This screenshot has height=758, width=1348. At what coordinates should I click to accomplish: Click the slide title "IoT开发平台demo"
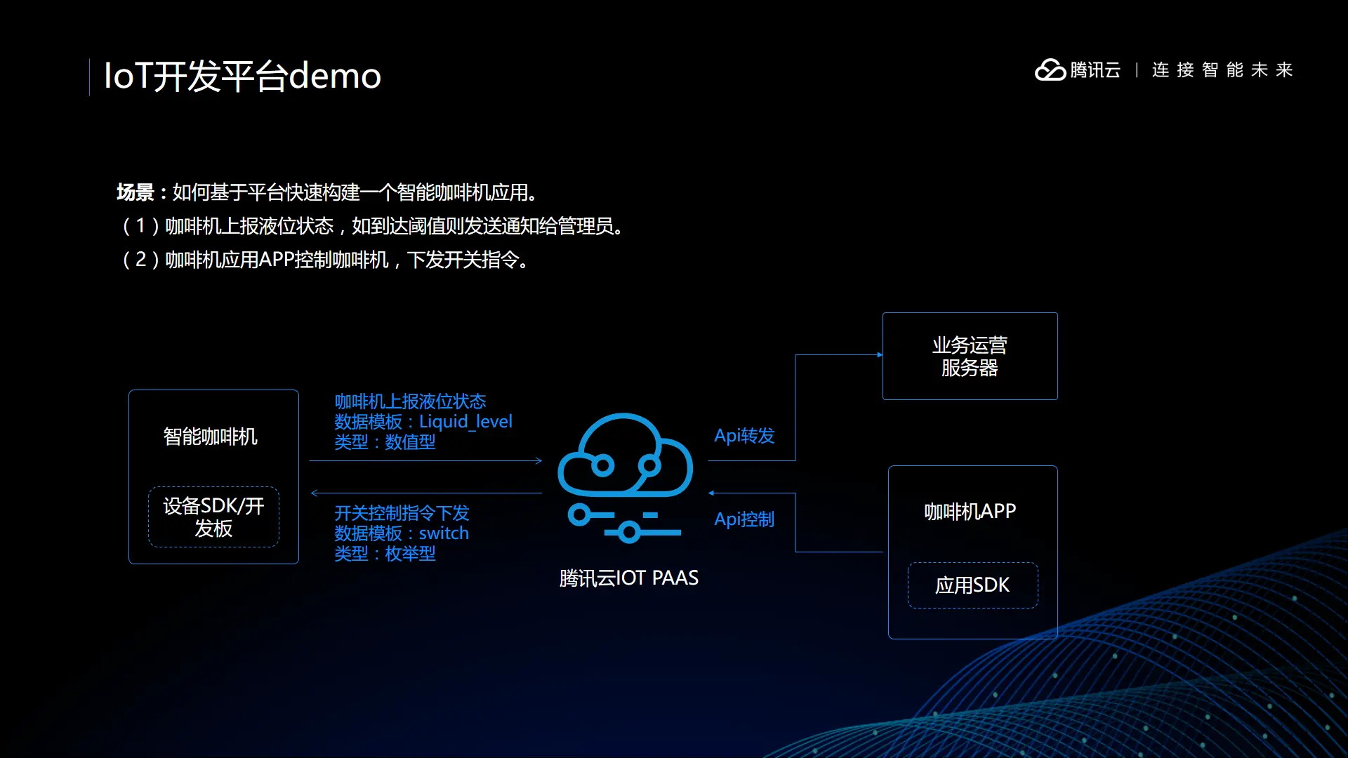[242, 76]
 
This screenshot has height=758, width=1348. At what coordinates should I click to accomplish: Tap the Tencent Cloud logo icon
[1050, 70]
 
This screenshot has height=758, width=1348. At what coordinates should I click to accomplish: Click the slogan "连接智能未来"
[1222, 70]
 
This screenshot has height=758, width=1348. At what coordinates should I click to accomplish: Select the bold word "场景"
[136, 192]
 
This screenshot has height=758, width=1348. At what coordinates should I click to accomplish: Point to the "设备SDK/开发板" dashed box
[213, 517]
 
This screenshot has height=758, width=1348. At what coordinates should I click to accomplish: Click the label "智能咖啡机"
[211, 437]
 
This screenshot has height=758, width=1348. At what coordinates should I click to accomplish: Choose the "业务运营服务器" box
[970, 356]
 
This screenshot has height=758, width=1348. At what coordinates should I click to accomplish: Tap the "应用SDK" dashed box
[972, 585]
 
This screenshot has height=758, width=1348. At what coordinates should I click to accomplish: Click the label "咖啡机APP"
[970, 512]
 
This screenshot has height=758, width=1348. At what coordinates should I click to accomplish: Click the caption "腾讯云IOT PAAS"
[628, 578]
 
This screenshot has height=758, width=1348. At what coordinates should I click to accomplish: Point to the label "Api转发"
[744, 436]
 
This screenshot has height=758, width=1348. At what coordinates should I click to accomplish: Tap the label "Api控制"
[744, 519]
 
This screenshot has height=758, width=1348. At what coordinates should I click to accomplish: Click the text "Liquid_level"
[465, 422]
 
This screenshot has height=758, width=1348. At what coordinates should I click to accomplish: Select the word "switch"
[444, 533]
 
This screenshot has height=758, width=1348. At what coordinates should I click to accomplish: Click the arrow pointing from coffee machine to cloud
[425, 461]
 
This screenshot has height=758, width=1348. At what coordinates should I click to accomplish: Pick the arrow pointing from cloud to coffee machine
[425, 493]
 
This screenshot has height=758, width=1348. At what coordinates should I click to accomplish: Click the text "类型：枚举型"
[385, 554]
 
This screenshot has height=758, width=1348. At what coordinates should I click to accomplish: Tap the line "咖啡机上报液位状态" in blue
[410, 401]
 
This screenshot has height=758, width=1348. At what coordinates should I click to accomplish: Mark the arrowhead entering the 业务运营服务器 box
[880, 355]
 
